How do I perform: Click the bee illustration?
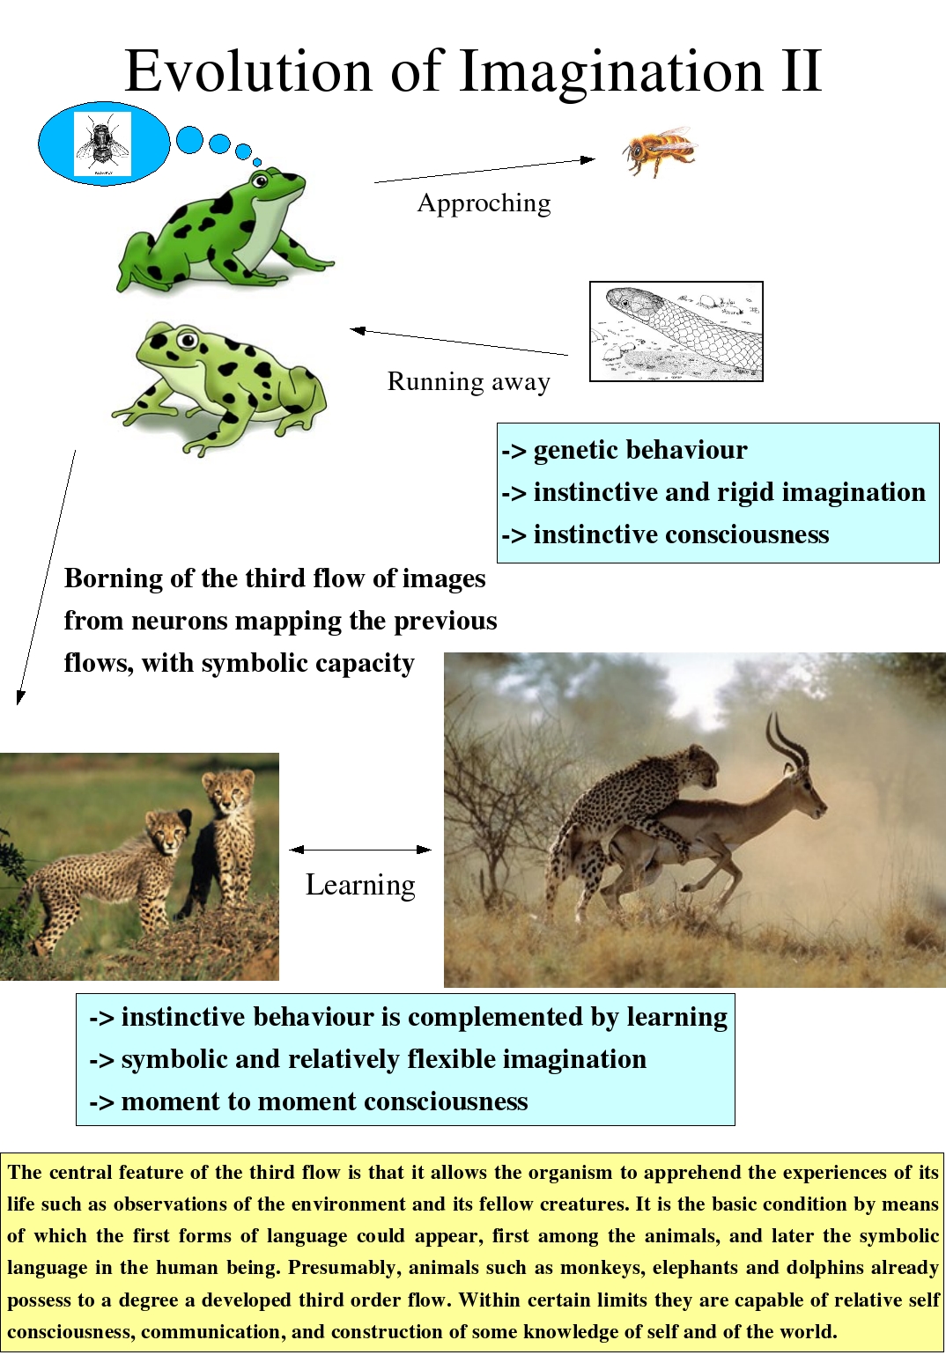[660, 151]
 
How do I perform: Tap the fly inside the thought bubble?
[101, 144]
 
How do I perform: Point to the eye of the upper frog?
[259, 181]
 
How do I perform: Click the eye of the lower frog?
[187, 340]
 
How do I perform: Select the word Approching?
[484, 203]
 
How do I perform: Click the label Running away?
[469, 382]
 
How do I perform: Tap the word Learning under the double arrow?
[360, 885]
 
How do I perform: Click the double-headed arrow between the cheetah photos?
[360, 850]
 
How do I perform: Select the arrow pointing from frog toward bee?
[484, 171]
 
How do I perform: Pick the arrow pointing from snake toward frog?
[459, 342]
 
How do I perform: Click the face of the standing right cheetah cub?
[229, 793]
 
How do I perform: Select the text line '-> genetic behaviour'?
[624, 450]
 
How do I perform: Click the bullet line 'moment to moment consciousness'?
[308, 1101]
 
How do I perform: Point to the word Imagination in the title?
[611, 72]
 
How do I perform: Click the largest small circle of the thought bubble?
[189, 140]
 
